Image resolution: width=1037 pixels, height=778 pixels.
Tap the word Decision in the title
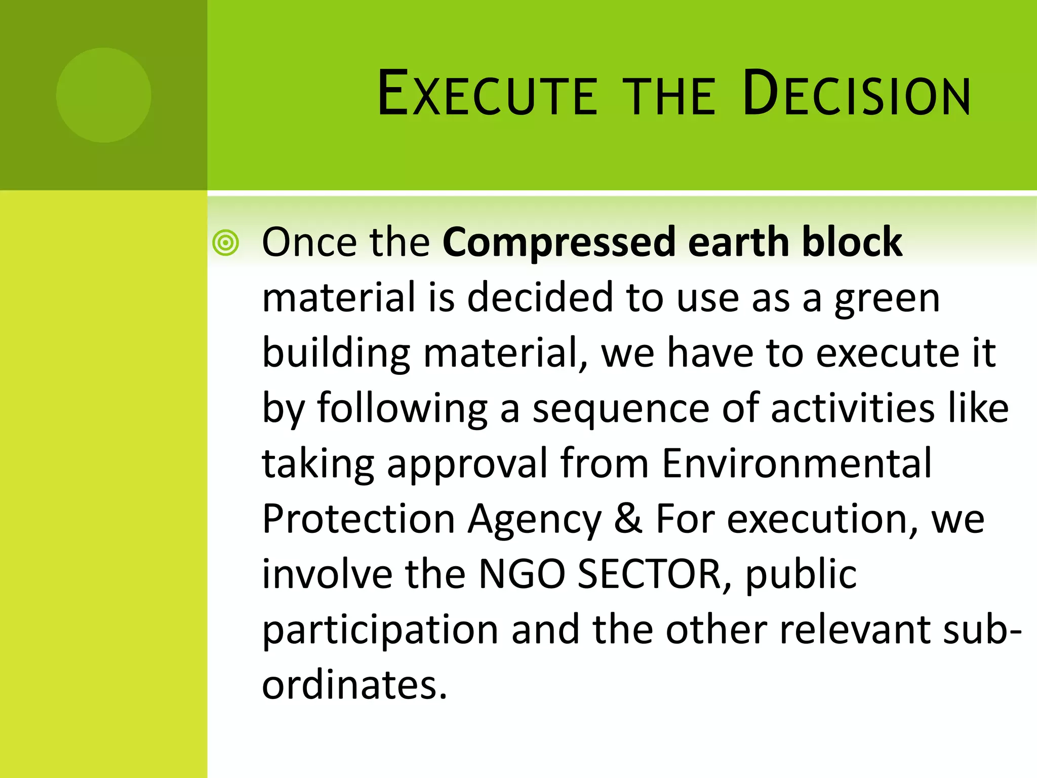tap(856, 94)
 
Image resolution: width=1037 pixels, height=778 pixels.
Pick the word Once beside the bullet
tap(309, 242)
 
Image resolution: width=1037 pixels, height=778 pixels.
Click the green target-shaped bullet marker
tap(225, 243)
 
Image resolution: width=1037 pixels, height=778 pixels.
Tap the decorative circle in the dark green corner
tap(103, 95)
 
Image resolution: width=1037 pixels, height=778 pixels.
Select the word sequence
tap(621, 408)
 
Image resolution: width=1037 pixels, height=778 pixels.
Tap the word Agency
tap(534, 520)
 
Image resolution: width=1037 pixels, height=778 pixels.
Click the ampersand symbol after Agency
tap(628, 519)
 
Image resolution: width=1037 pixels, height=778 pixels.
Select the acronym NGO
tap(522, 574)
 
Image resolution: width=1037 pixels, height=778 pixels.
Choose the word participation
tap(380, 630)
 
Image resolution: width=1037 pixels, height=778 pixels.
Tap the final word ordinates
tap(354, 685)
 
